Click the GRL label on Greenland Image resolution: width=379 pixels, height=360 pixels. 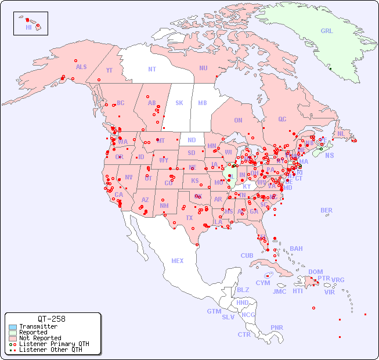(x=327, y=31)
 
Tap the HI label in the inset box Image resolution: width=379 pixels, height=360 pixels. (x=28, y=27)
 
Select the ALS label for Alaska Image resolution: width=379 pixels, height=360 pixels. (x=81, y=67)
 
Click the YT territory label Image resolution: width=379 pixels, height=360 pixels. (x=109, y=70)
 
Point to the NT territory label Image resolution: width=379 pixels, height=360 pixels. (x=152, y=69)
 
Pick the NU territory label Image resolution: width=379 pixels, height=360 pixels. (x=203, y=68)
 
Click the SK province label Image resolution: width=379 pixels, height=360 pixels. (x=179, y=103)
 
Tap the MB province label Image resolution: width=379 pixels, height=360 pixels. (x=202, y=103)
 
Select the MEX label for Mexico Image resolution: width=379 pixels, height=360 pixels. (x=178, y=261)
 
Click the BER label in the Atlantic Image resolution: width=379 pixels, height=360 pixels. (x=327, y=210)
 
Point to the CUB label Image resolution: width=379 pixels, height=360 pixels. (x=247, y=255)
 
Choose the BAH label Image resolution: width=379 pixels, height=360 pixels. (x=296, y=249)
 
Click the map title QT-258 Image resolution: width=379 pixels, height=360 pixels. (x=52, y=319)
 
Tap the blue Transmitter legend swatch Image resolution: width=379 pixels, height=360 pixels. (x=13, y=327)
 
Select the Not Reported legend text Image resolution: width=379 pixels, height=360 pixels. (x=40, y=338)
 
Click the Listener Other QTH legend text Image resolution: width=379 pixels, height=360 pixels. (x=50, y=350)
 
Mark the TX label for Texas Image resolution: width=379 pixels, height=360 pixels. (x=189, y=218)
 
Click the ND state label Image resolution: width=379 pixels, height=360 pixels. (x=192, y=140)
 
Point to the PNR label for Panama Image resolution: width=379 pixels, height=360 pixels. (x=277, y=327)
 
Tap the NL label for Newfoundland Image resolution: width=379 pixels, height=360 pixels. (x=341, y=133)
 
